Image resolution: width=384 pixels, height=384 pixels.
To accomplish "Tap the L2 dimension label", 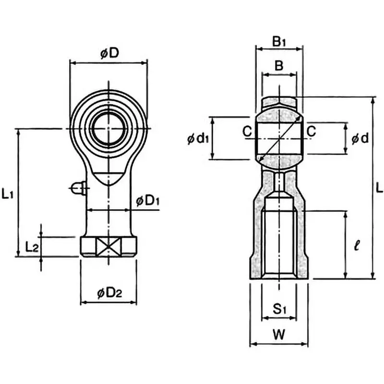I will click(x=32, y=247).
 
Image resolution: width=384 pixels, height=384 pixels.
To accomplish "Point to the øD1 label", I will click(x=148, y=201).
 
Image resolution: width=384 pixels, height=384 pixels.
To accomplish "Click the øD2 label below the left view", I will click(x=109, y=292).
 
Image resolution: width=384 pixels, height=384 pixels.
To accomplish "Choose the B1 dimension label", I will click(x=279, y=42).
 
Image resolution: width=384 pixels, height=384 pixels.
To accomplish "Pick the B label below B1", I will click(x=278, y=65).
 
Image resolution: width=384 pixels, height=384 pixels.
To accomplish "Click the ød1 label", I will click(x=197, y=139).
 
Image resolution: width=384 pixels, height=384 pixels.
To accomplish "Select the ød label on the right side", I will click(x=360, y=139).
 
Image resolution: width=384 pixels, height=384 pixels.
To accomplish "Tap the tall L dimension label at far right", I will click(x=379, y=188).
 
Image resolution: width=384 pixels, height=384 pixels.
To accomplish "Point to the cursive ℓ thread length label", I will click(x=355, y=247).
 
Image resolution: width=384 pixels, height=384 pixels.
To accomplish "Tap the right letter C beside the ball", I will click(x=312, y=131).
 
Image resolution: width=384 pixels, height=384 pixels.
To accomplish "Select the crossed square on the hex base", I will click(x=108, y=247).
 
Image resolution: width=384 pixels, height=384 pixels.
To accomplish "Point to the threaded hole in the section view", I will click(x=279, y=240).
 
